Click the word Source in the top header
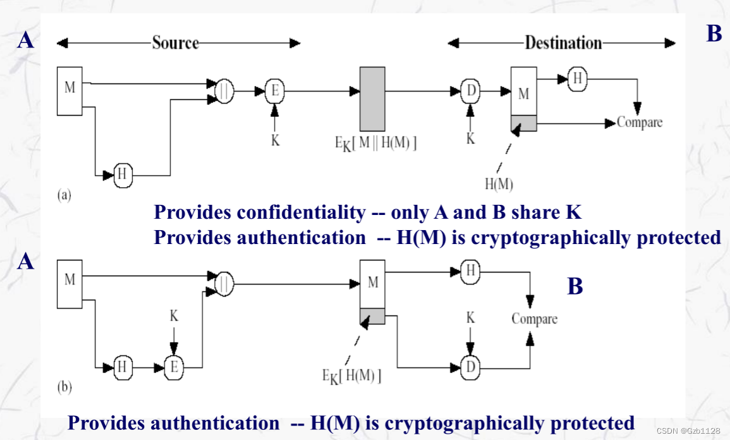point(175,42)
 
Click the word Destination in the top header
point(563,42)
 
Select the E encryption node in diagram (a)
point(274,92)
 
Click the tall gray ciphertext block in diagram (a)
point(372,98)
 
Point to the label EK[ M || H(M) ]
point(375,144)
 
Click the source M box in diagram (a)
point(70,90)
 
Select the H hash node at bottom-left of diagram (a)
point(123,174)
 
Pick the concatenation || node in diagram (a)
point(225,92)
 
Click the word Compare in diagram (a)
point(640,123)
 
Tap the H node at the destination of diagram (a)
point(577,78)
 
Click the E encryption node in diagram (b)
point(173,366)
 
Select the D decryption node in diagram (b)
point(470,366)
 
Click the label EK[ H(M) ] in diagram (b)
point(351,376)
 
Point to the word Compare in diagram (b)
point(534,319)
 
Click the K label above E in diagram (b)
point(174,315)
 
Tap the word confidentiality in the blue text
point(301,212)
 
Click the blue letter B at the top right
point(714,34)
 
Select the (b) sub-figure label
point(64,387)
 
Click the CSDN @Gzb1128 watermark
point(688,431)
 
